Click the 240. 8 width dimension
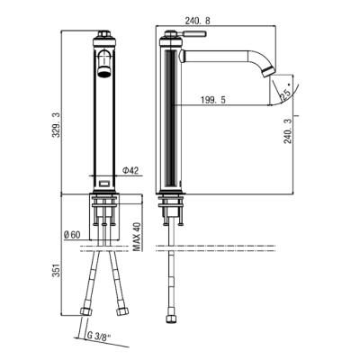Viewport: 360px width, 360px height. (198, 21)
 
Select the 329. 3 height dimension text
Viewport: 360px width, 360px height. (56, 124)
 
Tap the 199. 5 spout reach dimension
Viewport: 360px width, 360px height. (213, 100)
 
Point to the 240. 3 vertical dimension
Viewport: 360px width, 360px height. (288, 130)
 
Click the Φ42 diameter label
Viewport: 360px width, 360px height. (130, 170)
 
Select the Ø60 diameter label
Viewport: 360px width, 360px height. (72, 235)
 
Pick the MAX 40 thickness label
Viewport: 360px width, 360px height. (137, 237)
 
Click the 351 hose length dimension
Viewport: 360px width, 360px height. (57, 270)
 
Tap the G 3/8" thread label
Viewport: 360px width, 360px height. (99, 336)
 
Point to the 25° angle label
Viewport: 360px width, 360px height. (285, 94)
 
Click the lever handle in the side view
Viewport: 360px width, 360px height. (194, 33)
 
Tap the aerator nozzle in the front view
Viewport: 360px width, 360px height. (103, 71)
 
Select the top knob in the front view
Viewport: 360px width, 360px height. (103, 33)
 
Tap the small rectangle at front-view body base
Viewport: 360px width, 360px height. (103, 183)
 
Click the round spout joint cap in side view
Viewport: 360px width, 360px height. (182, 56)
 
